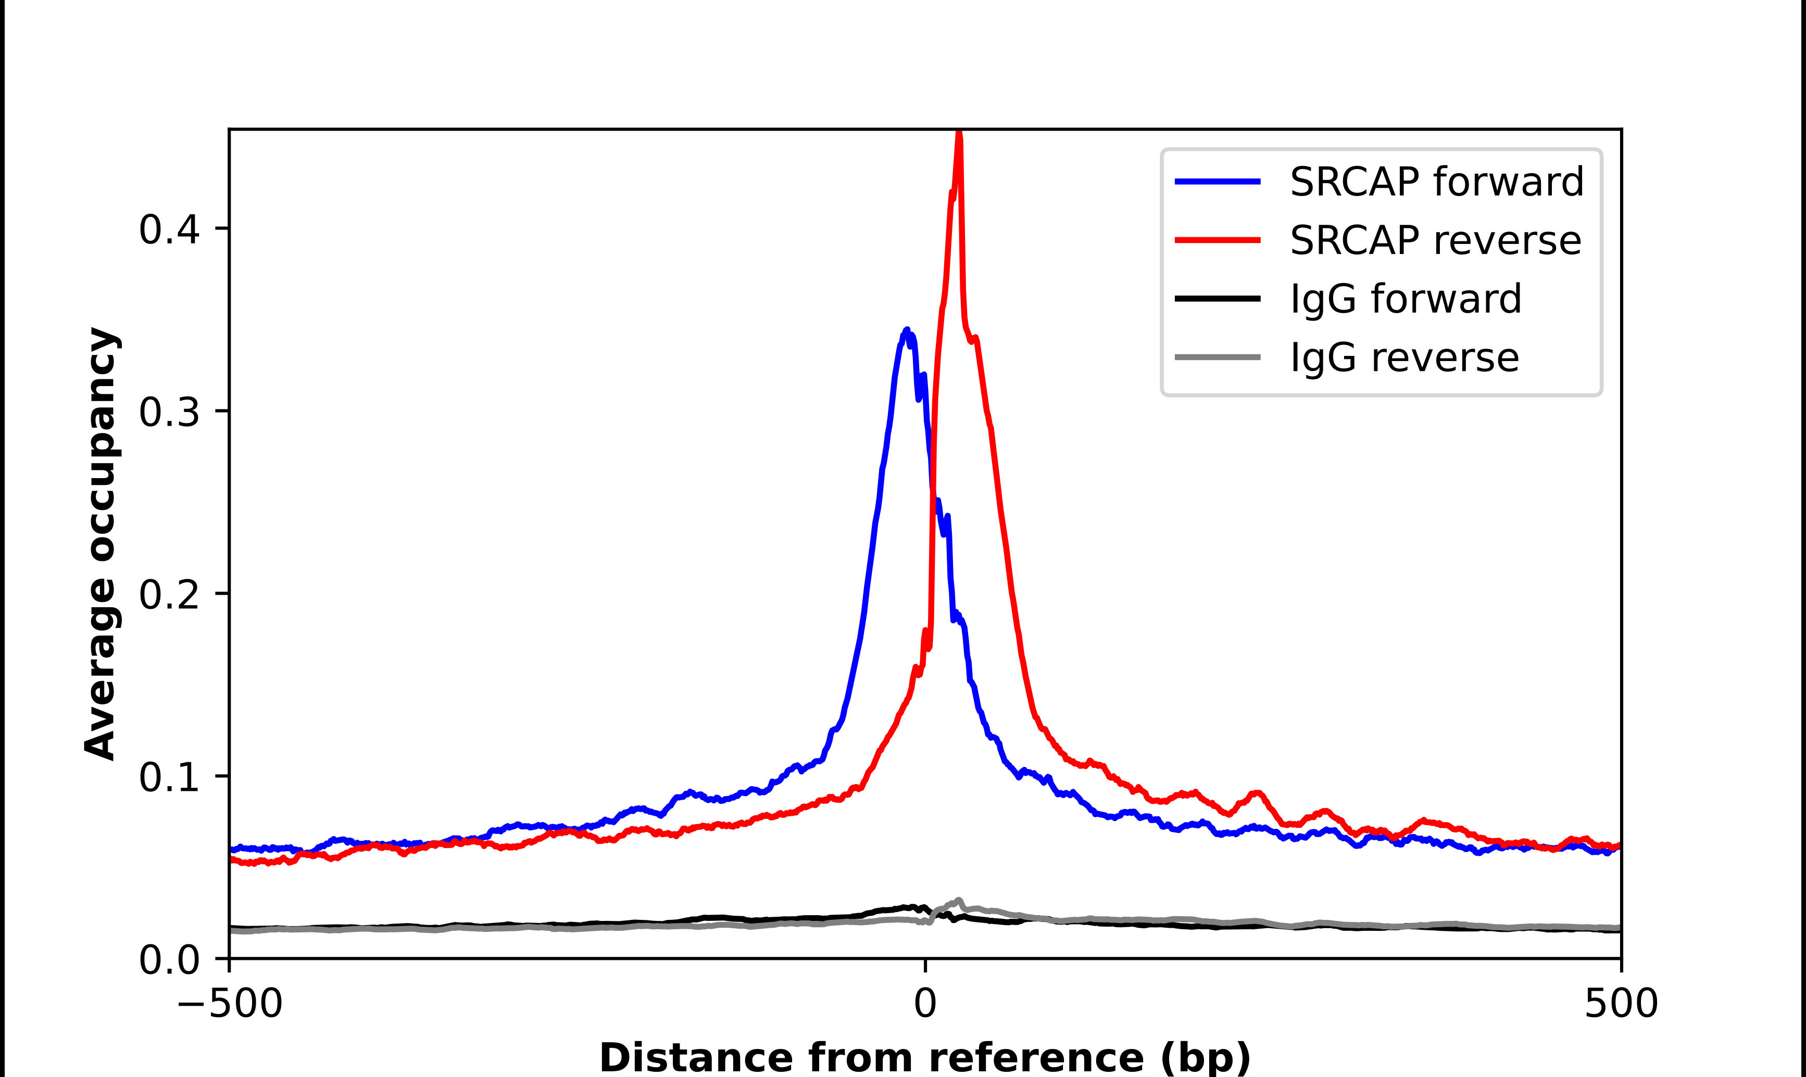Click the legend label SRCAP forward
point(1436,182)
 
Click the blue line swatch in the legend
point(1218,182)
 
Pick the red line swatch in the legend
point(1218,239)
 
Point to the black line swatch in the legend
point(1218,298)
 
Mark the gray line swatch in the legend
point(1218,357)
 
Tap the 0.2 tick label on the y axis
point(169,595)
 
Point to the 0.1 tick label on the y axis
point(169,777)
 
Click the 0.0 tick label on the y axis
point(169,960)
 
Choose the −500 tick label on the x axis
point(230,1004)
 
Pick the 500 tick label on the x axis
point(1621,1004)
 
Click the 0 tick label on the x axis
point(925,1004)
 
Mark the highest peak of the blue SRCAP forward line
point(906,330)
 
